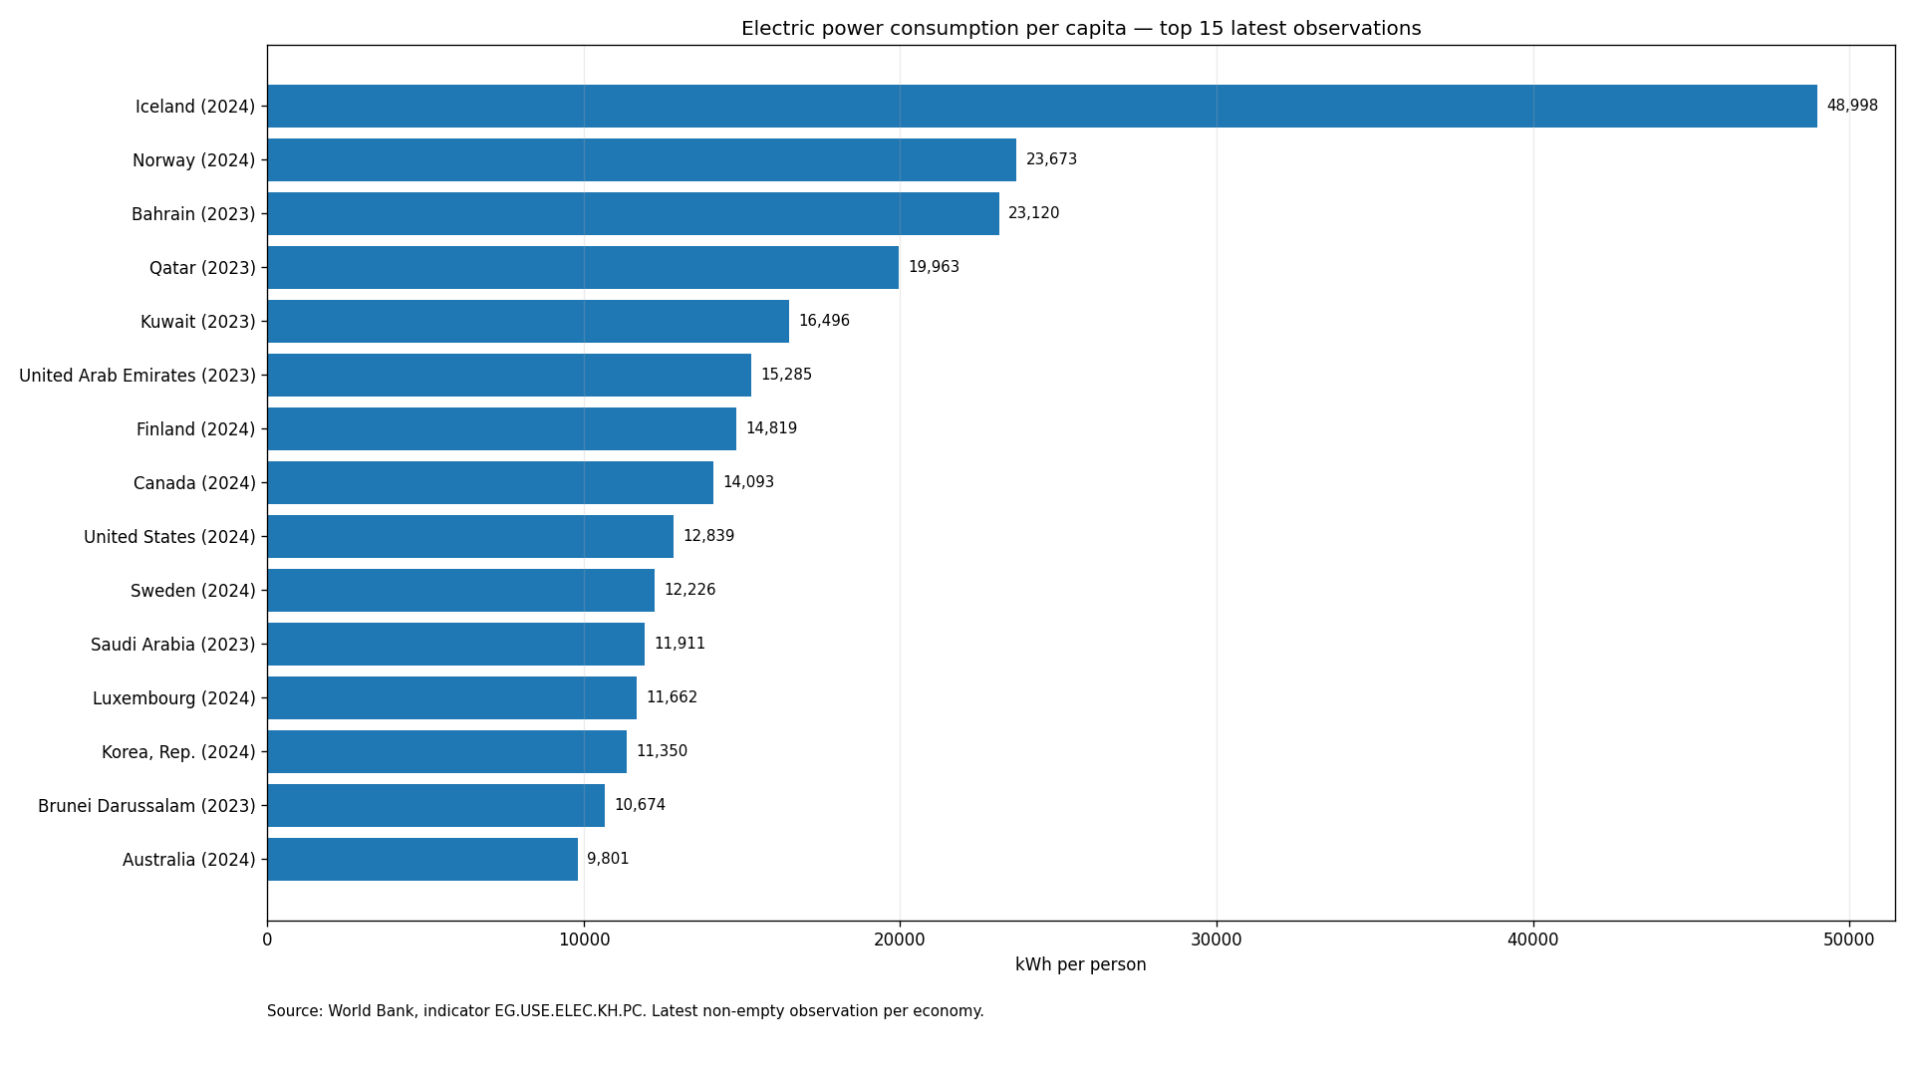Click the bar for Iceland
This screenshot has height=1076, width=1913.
[1042, 106]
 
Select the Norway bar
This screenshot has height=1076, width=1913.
[642, 159]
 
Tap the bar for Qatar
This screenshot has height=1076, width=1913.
[583, 267]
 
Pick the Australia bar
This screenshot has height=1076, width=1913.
[422, 859]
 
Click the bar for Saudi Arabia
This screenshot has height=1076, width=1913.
[456, 644]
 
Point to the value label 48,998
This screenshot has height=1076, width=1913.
[1852, 106]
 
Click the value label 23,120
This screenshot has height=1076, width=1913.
[1034, 213]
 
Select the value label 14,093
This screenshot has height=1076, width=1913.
[748, 482]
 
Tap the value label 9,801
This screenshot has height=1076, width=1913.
[608, 859]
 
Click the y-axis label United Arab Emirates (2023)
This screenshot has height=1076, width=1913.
[137, 376]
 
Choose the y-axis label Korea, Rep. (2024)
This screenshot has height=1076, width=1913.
[178, 752]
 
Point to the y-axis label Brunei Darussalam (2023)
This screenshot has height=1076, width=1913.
[146, 806]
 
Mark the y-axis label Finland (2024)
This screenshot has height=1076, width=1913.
[196, 429]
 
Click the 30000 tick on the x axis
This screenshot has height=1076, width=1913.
[1217, 940]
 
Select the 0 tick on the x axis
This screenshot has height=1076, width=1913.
[267, 940]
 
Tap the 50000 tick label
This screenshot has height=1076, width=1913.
[1849, 940]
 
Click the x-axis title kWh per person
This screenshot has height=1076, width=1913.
[1081, 964]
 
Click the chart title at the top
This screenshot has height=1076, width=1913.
[1081, 29]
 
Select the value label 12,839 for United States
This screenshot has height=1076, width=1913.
[708, 536]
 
